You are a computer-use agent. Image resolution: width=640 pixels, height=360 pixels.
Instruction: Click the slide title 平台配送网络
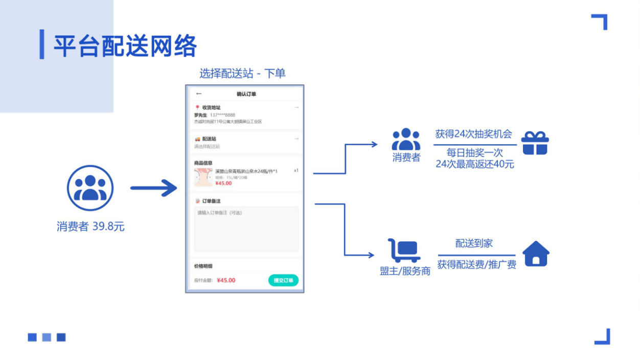tap(125, 46)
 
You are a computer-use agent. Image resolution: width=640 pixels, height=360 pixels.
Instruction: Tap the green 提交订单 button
tap(283, 280)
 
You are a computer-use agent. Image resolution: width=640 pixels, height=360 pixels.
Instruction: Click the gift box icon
tap(535, 143)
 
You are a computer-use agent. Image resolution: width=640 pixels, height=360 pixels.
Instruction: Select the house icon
tap(536, 254)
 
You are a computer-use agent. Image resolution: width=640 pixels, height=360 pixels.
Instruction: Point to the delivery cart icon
tap(403, 251)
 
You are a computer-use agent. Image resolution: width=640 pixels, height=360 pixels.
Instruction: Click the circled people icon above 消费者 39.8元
tap(90, 188)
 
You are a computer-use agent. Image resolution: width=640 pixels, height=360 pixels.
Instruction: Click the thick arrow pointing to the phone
tap(153, 188)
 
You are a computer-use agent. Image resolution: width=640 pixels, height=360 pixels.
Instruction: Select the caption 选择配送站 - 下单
tap(242, 74)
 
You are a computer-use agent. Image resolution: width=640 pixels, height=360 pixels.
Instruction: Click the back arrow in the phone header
tap(199, 94)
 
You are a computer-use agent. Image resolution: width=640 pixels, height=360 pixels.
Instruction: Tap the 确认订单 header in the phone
tap(246, 94)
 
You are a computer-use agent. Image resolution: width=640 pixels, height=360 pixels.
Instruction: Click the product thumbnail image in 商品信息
tap(203, 177)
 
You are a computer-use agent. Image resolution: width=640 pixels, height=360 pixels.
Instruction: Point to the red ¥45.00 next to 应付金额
tap(226, 280)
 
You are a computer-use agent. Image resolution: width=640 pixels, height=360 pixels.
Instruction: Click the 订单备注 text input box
tap(246, 229)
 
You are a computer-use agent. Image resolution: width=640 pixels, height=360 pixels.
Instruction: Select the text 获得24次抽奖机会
tap(473, 134)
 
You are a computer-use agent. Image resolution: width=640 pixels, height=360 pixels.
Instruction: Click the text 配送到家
tap(474, 243)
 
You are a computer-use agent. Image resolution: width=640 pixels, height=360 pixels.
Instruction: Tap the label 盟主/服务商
tap(405, 271)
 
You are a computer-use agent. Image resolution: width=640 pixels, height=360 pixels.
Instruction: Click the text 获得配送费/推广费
tap(476, 264)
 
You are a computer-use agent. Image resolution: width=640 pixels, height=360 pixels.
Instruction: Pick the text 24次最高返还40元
tap(475, 164)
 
